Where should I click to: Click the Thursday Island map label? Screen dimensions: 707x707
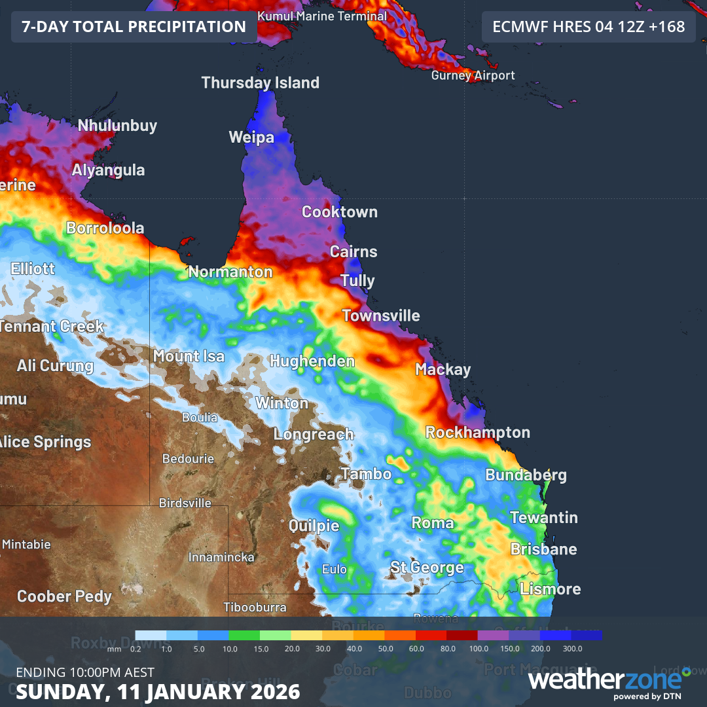coord(260,83)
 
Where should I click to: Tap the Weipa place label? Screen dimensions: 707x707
coord(251,137)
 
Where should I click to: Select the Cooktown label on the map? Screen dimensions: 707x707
coord(339,212)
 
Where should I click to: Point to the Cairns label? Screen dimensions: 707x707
coord(353,252)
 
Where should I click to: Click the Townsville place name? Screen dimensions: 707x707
coord(381,316)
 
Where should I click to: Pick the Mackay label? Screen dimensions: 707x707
coord(443,370)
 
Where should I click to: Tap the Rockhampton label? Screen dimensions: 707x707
coord(477,433)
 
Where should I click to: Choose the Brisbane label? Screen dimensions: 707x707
coord(543,549)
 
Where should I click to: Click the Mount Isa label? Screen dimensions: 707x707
coord(189,357)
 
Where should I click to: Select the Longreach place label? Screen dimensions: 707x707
coord(313,435)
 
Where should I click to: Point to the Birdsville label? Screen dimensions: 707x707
coord(185,503)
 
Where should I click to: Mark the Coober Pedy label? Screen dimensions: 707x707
coord(64,597)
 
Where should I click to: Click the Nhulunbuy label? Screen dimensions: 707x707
coord(117,126)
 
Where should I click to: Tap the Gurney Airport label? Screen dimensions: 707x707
coord(473,76)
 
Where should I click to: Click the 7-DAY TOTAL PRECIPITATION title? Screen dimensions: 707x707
coord(134,27)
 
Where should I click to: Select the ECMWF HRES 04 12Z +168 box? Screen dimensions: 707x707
coord(588,27)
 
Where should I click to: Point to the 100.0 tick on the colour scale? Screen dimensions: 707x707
coord(479,648)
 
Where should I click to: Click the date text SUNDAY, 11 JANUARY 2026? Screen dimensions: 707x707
coord(158,691)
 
